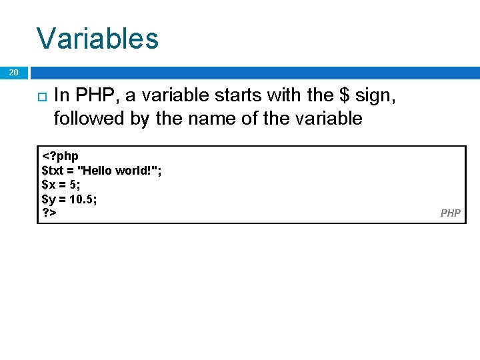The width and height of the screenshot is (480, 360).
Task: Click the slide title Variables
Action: [97, 38]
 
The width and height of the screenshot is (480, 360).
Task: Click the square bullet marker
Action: [40, 97]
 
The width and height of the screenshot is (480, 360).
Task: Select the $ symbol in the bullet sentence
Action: [344, 96]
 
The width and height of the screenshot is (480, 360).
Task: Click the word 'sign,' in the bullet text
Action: [376, 96]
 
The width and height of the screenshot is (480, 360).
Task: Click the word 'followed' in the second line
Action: [83, 119]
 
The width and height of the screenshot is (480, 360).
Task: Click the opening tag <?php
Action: [60, 156]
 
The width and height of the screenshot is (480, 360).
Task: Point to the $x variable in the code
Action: [48, 185]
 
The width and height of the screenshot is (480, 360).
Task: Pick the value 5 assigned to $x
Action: [73, 185]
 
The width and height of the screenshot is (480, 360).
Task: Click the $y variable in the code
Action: [48, 199]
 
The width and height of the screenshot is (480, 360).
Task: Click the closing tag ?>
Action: [49, 213]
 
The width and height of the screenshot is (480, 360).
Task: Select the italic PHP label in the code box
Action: [450, 213]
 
